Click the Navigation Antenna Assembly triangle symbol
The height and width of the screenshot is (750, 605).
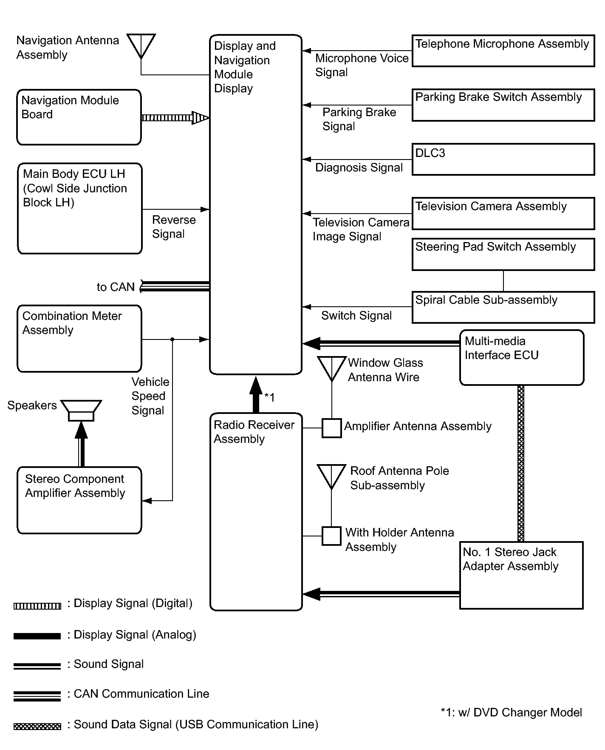pyautogui.click(x=141, y=44)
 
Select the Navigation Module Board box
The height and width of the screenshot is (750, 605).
pyautogui.click(x=79, y=117)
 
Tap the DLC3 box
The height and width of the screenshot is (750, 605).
pyautogui.click(x=503, y=159)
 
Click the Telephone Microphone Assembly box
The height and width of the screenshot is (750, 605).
pyautogui.click(x=503, y=51)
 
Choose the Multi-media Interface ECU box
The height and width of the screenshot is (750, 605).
pyautogui.click(x=522, y=357)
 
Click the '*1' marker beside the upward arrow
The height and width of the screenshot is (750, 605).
pyautogui.click(x=270, y=397)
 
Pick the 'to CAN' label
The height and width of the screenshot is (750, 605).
pyautogui.click(x=116, y=287)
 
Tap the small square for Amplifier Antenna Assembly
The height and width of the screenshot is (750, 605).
pyautogui.click(x=331, y=428)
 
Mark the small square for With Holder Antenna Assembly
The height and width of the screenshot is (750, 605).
pyautogui.click(x=331, y=536)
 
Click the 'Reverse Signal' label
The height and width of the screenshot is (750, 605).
pyautogui.click(x=174, y=227)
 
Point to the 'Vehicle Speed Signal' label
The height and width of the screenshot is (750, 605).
pyautogui.click(x=150, y=396)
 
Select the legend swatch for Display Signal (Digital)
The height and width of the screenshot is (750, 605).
pyautogui.click(x=37, y=606)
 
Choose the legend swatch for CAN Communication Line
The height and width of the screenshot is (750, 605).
pyautogui.click(x=37, y=696)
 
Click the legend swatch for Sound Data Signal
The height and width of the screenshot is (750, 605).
pyautogui.click(x=37, y=727)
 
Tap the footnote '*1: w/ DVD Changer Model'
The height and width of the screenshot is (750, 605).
pyautogui.click(x=511, y=713)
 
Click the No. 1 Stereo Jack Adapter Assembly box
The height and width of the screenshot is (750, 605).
pyautogui.click(x=521, y=575)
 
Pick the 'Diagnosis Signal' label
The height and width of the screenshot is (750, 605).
pyautogui.click(x=359, y=168)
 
